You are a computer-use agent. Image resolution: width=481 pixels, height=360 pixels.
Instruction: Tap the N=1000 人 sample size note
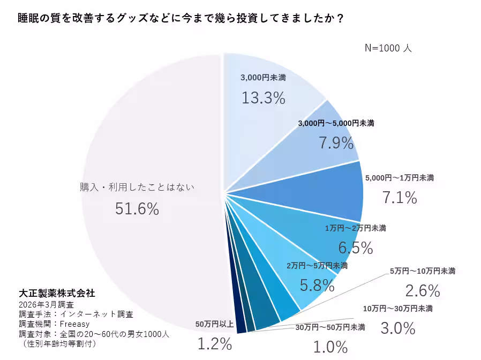[388, 48]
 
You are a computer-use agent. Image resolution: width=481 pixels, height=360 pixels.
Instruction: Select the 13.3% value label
[263, 98]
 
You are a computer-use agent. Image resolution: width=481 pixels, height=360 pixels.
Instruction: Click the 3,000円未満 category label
[263, 77]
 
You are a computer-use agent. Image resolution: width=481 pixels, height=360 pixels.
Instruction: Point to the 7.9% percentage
[336, 143]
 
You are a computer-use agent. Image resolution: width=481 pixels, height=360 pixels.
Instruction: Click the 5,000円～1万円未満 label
[399, 177]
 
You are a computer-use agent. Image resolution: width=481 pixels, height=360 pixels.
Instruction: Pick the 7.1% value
[400, 198]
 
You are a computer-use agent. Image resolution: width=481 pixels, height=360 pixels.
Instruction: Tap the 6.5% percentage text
[356, 247]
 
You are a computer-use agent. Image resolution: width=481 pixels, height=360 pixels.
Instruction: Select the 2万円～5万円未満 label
[317, 265]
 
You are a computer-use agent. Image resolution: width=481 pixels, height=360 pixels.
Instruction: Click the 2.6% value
[423, 290]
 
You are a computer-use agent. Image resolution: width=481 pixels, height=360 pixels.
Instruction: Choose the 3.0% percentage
[398, 327]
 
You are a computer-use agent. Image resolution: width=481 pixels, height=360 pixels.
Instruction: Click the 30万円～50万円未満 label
[330, 327]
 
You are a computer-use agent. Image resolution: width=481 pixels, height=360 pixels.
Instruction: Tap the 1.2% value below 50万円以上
[215, 343]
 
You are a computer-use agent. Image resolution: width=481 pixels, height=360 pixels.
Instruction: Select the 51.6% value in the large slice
[137, 209]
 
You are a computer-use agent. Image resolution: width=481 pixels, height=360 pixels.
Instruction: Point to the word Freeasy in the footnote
[74, 324]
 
